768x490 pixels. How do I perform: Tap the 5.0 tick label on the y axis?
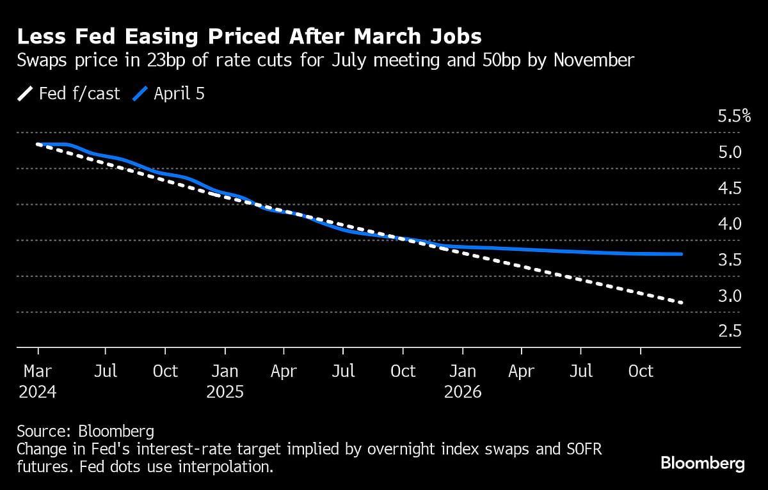(x=730, y=152)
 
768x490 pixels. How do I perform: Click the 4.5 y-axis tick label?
(x=730, y=188)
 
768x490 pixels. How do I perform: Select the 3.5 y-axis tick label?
(x=730, y=260)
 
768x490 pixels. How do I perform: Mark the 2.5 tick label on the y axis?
(x=730, y=331)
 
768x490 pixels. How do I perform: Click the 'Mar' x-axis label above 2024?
(x=38, y=371)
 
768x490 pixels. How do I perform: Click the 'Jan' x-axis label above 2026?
(x=463, y=371)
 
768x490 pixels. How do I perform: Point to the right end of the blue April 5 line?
(x=682, y=254)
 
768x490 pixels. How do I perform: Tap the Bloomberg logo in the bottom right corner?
(x=702, y=463)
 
